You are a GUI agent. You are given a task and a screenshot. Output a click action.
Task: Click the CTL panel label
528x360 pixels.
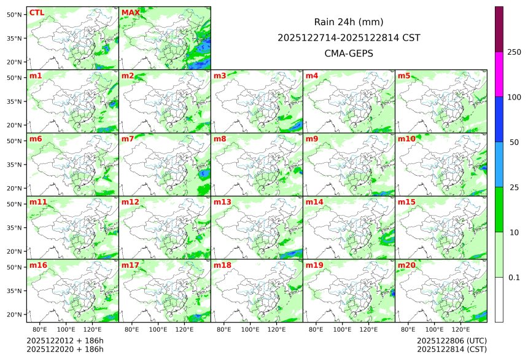(36, 13)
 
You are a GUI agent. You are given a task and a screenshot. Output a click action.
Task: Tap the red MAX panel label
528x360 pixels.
(131, 13)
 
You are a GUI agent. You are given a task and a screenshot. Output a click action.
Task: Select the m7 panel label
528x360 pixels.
(128, 139)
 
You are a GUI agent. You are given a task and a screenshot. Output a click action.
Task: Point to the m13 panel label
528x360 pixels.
(222, 202)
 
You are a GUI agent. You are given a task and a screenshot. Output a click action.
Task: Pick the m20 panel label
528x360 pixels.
(406, 265)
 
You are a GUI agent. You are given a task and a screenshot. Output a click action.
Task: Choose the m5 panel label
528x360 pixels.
(404, 76)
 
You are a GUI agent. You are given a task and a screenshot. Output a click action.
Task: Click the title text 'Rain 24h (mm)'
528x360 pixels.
(349, 22)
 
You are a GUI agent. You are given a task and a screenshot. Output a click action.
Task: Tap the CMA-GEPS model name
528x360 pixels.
(349, 53)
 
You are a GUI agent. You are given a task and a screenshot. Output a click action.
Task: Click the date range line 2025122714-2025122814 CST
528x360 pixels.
(349, 37)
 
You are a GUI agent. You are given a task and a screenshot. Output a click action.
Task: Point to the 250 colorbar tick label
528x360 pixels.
(514, 52)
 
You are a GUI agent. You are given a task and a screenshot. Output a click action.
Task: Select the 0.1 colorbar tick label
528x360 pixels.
(514, 278)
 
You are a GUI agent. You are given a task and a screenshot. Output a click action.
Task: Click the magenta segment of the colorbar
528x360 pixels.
(499, 74)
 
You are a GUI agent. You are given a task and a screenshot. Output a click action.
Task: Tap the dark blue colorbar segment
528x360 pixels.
(499, 119)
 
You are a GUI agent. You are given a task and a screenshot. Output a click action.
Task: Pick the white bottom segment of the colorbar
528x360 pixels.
(499, 299)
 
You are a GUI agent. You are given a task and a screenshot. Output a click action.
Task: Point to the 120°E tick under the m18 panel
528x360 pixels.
(277, 329)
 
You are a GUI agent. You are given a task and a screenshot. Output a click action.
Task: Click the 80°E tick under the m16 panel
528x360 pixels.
(40, 329)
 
